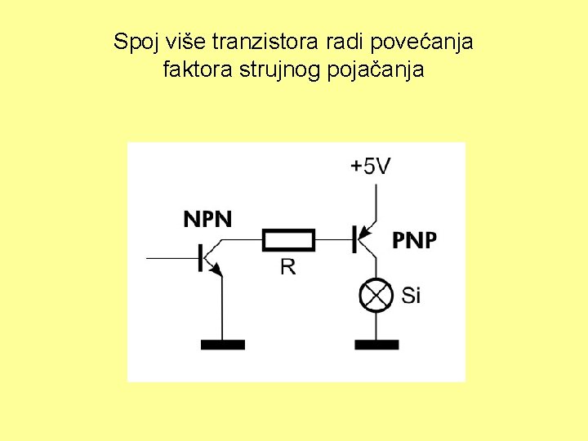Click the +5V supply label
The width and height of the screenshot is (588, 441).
pos(370,167)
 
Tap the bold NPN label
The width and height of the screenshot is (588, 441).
pos(207,219)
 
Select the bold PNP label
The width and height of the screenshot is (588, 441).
pos(415,240)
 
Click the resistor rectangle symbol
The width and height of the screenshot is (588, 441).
pos(288,240)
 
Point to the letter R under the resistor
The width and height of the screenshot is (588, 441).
pos(288,266)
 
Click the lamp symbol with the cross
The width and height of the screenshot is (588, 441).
pos(376,295)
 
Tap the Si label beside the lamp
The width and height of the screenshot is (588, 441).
pos(411,295)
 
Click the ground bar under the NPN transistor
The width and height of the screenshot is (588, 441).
pos(222,345)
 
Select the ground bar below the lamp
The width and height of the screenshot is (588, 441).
pos(376,345)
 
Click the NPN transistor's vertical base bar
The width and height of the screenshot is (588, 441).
pos(200,258)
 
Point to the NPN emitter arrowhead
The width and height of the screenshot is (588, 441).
pos(218,271)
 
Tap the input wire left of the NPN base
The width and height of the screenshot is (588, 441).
pos(171,258)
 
